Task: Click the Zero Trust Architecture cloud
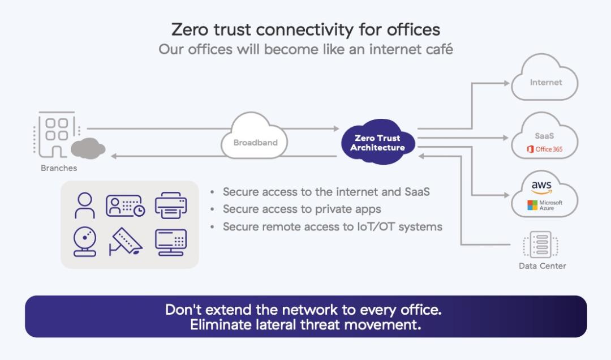pos(377,143)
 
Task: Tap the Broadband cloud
pos(256,139)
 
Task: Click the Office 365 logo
pos(544,149)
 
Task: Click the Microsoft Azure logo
pos(544,205)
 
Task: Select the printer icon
pos(170,205)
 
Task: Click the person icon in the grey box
pos(85,205)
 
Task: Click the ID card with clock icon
pos(125,205)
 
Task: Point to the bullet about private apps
pos(302,209)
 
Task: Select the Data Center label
pos(542,266)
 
